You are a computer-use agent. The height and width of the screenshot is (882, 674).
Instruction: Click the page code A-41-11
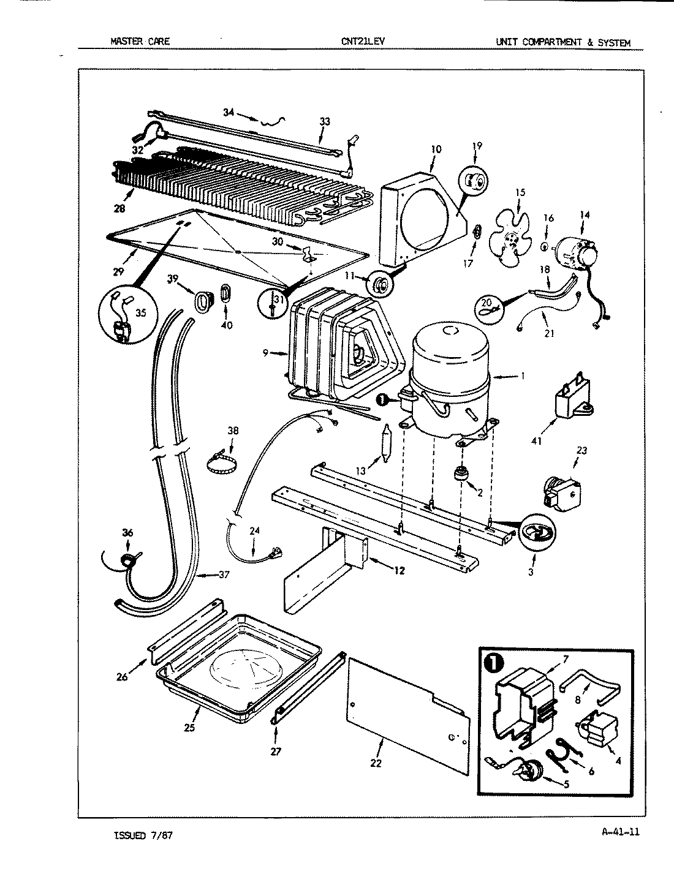point(616,831)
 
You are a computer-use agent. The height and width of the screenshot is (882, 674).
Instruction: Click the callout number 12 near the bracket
point(399,571)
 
